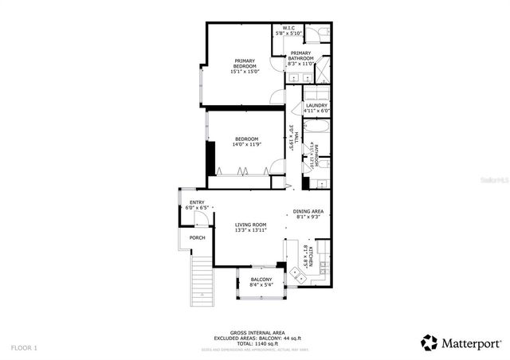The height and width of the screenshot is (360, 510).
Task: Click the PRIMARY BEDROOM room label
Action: [x=245, y=63]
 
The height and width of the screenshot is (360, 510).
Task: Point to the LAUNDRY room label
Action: [x=316, y=105]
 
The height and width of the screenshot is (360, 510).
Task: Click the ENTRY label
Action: [x=196, y=202]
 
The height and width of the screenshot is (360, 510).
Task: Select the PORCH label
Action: [x=197, y=237]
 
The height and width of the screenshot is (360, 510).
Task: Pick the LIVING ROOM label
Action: [x=250, y=225]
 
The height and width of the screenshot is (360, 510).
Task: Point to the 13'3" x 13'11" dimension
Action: [x=250, y=231]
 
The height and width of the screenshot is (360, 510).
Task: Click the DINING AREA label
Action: [x=308, y=211]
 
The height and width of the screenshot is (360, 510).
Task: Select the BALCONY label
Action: [x=261, y=280]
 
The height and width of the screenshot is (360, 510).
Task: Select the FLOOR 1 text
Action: [x=24, y=348]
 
